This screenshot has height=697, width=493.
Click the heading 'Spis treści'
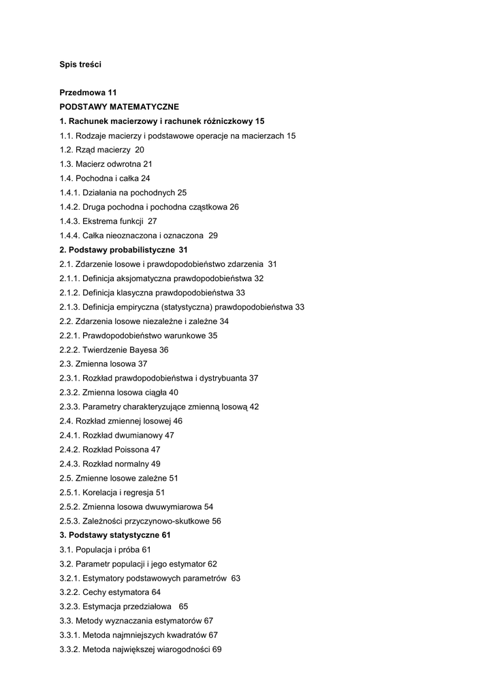[x=80, y=65]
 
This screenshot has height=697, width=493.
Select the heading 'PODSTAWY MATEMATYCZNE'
[x=119, y=107]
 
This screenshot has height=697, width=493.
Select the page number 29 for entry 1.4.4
[x=213, y=236]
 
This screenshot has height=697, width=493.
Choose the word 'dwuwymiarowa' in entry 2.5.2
[x=173, y=506]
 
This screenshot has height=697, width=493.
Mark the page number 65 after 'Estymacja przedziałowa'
[x=183, y=606]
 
